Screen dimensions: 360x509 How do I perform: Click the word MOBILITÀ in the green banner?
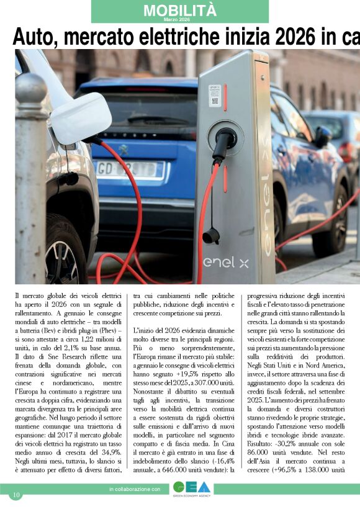(180, 10)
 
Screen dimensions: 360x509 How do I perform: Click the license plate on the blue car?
(130, 169)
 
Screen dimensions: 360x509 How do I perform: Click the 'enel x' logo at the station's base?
(226, 263)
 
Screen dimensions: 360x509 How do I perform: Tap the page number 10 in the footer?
(16, 494)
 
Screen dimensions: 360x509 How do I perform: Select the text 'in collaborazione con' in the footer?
(135, 490)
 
